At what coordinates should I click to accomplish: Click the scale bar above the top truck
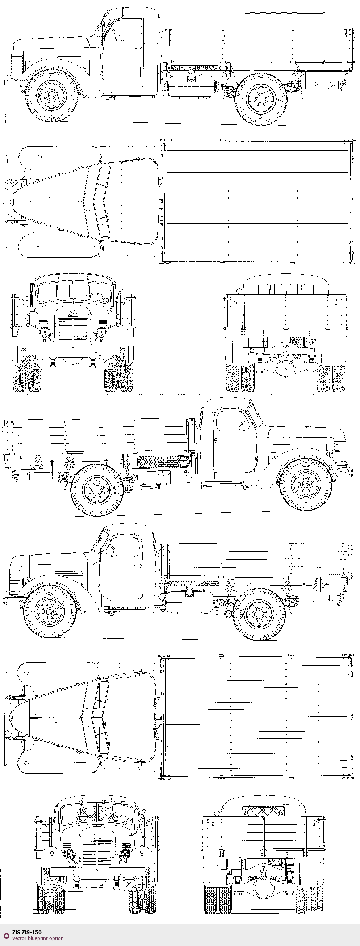point(284,13)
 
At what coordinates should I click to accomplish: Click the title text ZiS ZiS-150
point(27,932)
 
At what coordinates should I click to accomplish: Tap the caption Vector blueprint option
point(38,938)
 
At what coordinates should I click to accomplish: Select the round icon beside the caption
point(6,935)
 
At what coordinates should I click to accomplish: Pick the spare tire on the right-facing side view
point(164,461)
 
